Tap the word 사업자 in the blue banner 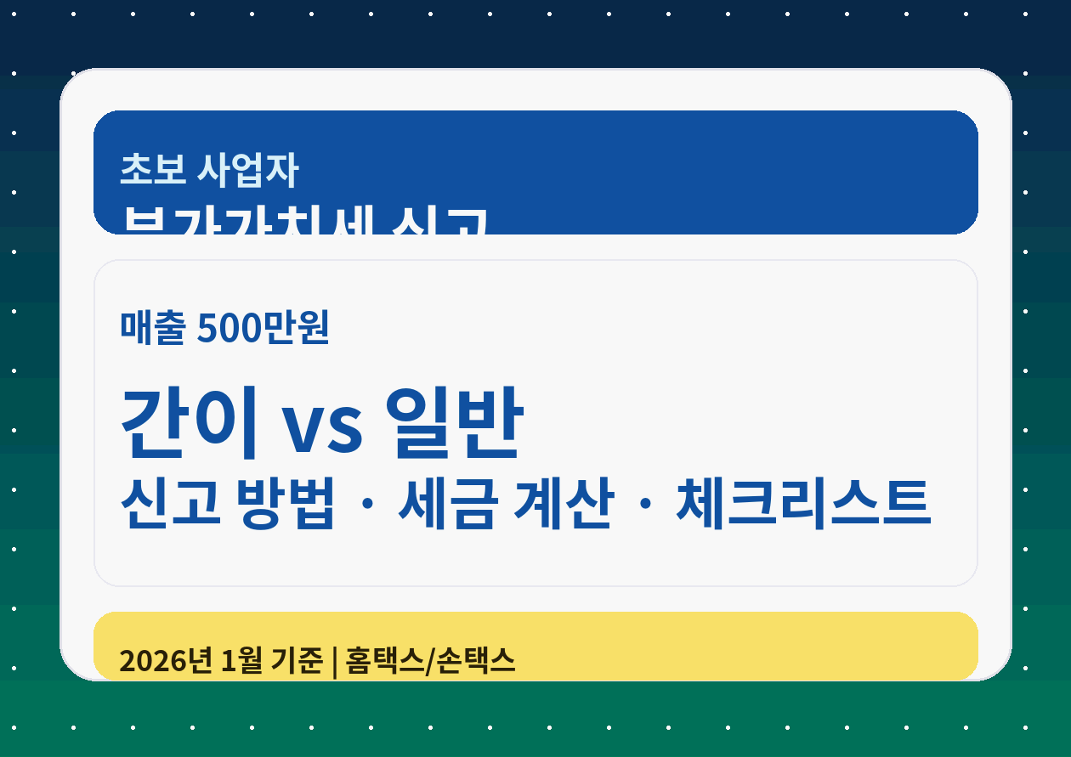247,169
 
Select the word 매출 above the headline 152,328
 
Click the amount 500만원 263,328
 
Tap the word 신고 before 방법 171,503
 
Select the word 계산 563,503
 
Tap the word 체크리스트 803,503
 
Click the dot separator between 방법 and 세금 366,503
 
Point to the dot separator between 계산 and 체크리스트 644,503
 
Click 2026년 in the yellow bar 165,660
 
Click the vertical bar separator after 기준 335,661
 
